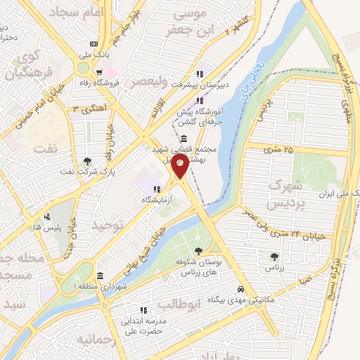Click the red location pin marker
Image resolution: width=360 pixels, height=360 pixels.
click(180, 166)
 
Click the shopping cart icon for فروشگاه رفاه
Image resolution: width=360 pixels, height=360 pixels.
click(100, 72)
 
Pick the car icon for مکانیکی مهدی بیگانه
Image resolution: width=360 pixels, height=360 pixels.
click(240, 289)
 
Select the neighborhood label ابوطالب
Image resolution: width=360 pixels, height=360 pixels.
click(199, 304)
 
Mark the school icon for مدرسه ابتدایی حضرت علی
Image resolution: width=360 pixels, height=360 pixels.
click(143, 309)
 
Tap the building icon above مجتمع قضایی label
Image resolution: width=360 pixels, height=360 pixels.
click(184, 138)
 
